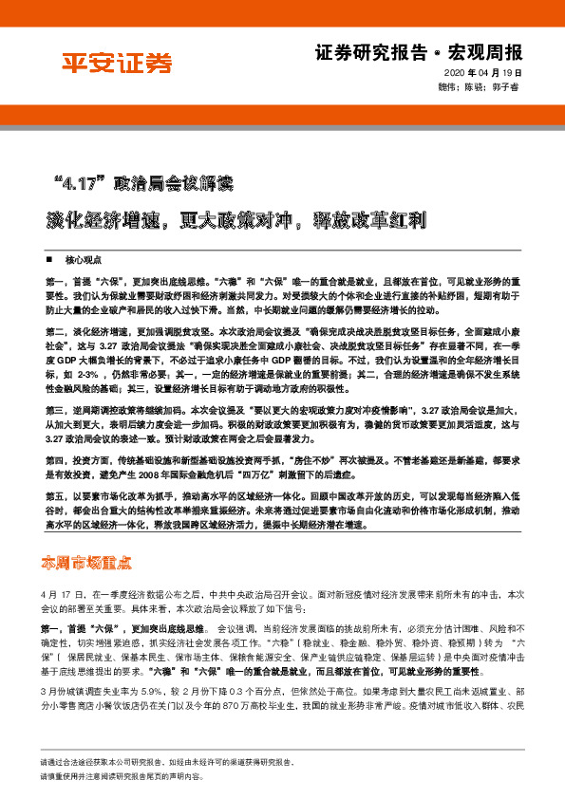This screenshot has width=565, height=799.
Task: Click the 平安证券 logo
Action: pyautogui.click(x=118, y=65)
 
